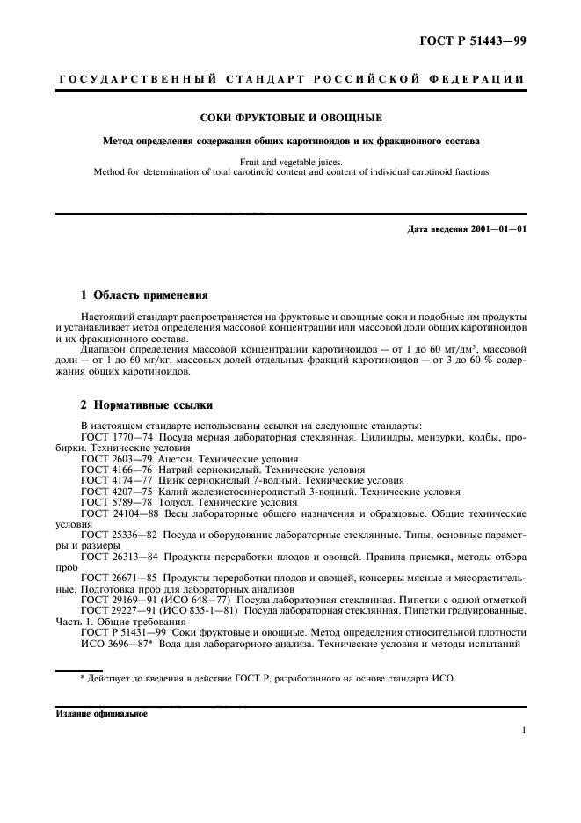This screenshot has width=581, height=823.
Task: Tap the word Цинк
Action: coord(171,481)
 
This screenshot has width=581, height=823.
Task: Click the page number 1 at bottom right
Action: coord(523,731)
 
